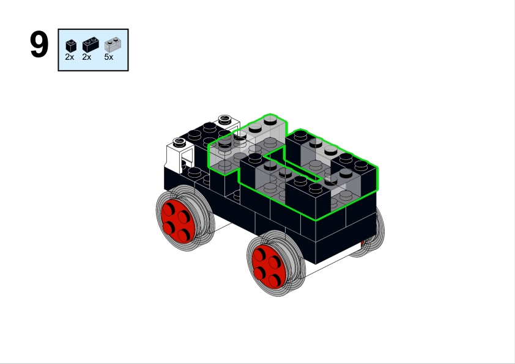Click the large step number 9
click(x=39, y=45)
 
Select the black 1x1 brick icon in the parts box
click(x=71, y=46)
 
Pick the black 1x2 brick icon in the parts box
click(x=91, y=45)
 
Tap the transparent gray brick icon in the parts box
click(x=113, y=45)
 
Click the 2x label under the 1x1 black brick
click(x=70, y=57)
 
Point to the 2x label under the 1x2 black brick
click(x=87, y=57)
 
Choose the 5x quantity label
click(x=109, y=57)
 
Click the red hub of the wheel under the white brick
click(x=177, y=222)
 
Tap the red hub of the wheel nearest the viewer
click(x=268, y=266)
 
